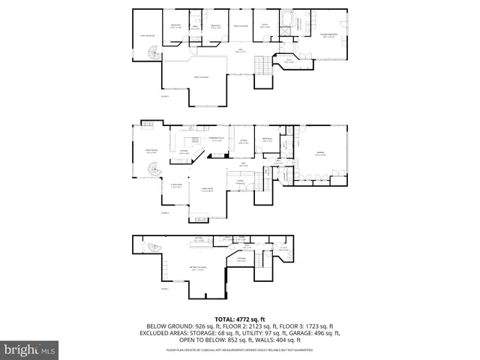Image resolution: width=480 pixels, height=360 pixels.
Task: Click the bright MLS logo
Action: (29, 349)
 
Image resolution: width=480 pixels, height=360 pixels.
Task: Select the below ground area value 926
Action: (202, 326)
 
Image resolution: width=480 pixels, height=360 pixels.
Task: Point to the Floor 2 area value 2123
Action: (256, 326)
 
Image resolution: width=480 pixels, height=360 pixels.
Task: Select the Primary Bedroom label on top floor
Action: (329, 34)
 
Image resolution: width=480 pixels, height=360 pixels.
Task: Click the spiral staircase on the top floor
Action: (153, 55)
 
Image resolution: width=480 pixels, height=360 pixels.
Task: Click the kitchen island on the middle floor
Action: (196, 141)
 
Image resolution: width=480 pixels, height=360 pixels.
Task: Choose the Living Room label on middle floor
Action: (208, 191)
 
